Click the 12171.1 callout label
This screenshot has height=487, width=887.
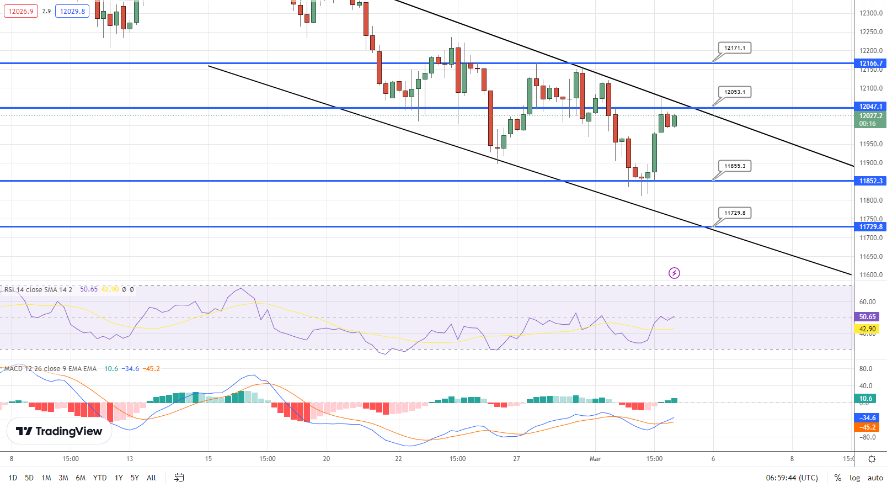(x=735, y=48)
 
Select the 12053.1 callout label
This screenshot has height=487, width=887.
(x=735, y=92)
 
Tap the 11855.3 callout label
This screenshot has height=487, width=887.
(x=735, y=166)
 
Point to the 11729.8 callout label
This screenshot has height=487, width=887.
(x=735, y=213)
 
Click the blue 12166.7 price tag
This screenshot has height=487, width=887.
(x=870, y=63)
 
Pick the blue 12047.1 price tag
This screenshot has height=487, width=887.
(x=870, y=107)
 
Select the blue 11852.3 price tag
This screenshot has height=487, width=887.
(x=870, y=181)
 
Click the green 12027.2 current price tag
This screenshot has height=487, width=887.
(x=870, y=117)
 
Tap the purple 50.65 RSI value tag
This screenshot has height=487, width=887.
(x=867, y=317)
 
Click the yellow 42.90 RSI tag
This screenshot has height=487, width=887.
(x=867, y=329)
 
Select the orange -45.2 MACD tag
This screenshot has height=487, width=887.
(x=867, y=427)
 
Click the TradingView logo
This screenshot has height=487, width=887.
(x=59, y=431)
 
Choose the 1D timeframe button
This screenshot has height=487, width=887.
(x=13, y=478)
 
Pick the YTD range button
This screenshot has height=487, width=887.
(x=100, y=478)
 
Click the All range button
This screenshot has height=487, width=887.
(x=151, y=478)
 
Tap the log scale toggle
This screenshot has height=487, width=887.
(x=854, y=478)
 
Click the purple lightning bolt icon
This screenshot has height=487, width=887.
(x=674, y=273)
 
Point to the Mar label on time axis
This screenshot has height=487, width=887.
(x=595, y=459)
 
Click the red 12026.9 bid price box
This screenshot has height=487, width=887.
(x=21, y=11)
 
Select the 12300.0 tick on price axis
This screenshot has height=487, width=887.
(x=871, y=13)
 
